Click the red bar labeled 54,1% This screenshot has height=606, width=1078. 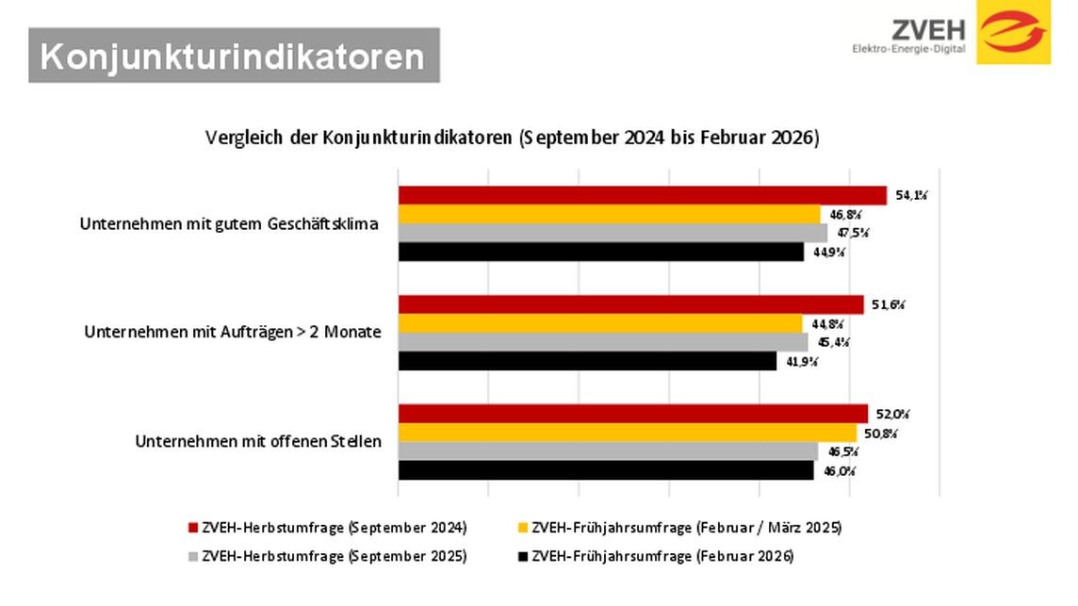641,195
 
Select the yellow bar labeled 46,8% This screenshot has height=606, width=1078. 609,214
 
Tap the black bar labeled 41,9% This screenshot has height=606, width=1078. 586,361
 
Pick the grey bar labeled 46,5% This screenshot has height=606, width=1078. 608,451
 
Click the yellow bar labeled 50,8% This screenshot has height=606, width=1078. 627,433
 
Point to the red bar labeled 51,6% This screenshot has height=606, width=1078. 630,304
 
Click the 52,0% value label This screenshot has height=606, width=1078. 894,414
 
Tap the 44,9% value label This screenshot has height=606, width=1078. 830,253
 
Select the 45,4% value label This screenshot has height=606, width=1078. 834,342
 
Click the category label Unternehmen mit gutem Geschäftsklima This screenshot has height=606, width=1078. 229,224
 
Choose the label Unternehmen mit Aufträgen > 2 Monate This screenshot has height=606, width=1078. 233,333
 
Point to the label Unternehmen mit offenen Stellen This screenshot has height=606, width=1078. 258,441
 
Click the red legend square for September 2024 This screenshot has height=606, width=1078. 192,528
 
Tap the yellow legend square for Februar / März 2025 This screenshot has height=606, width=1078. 523,528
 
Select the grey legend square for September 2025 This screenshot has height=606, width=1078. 192,557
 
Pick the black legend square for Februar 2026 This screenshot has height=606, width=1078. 523,557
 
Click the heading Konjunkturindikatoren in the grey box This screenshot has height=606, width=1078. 233,57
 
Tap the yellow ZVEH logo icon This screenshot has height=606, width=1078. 1013,32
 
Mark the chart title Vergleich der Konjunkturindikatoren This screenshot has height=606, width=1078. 513,138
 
